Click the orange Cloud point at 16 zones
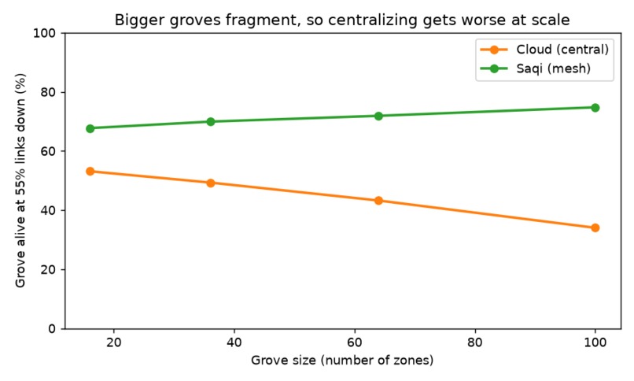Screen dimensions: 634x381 (x=90, y=172)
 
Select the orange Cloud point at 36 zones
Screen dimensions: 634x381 (x=211, y=183)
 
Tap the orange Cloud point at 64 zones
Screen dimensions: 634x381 (x=379, y=201)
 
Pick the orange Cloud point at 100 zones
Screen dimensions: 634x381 (x=595, y=228)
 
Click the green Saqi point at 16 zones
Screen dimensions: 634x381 (x=90, y=128)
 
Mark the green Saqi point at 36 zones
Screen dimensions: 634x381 (x=211, y=122)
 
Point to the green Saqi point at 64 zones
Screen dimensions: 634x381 (x=379, y=117)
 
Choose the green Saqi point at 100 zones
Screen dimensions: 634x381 (x=595, y=108)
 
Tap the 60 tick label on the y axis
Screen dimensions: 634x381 (x=48, y=151)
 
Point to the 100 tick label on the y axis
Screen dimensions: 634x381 (x=45, y=33)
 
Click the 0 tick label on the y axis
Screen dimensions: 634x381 (x=52, y=329)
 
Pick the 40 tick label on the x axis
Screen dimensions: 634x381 (x=234, y=342)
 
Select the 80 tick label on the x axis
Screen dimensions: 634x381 (x=474, y=342)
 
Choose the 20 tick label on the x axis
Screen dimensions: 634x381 (x=113, y=342)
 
